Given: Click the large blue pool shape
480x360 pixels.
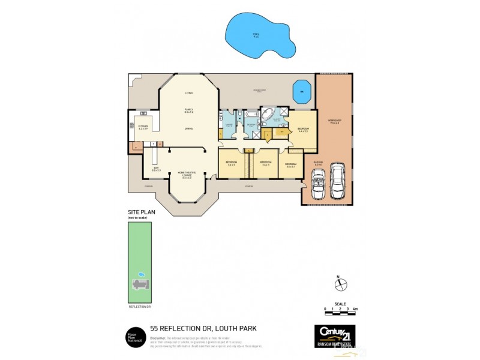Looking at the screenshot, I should point(259,35).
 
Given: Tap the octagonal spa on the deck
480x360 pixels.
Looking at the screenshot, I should point(302,94).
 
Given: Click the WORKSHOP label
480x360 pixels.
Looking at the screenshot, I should point(334,121).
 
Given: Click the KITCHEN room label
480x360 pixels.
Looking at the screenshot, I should point(143,126).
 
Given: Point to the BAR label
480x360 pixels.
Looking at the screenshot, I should point(155,169).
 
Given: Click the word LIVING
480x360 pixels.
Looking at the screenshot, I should point(188,93).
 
